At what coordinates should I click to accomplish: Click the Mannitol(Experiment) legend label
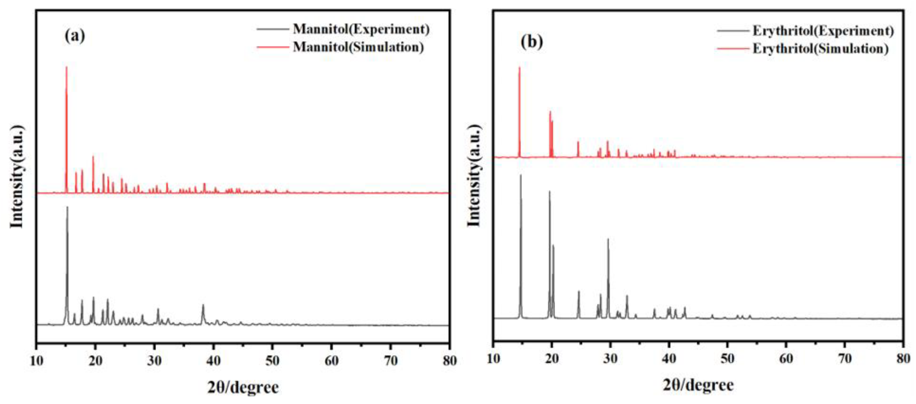coord(361,29)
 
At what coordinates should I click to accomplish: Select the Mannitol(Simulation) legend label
coord(358,47)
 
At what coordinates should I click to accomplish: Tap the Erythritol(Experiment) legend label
coord(823,31)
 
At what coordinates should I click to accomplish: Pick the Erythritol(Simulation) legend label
coord(820,49)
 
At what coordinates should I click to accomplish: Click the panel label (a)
coord(75,36)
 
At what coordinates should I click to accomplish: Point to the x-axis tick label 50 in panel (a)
coord(272,361)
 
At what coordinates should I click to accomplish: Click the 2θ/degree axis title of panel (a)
coord(243,387)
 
